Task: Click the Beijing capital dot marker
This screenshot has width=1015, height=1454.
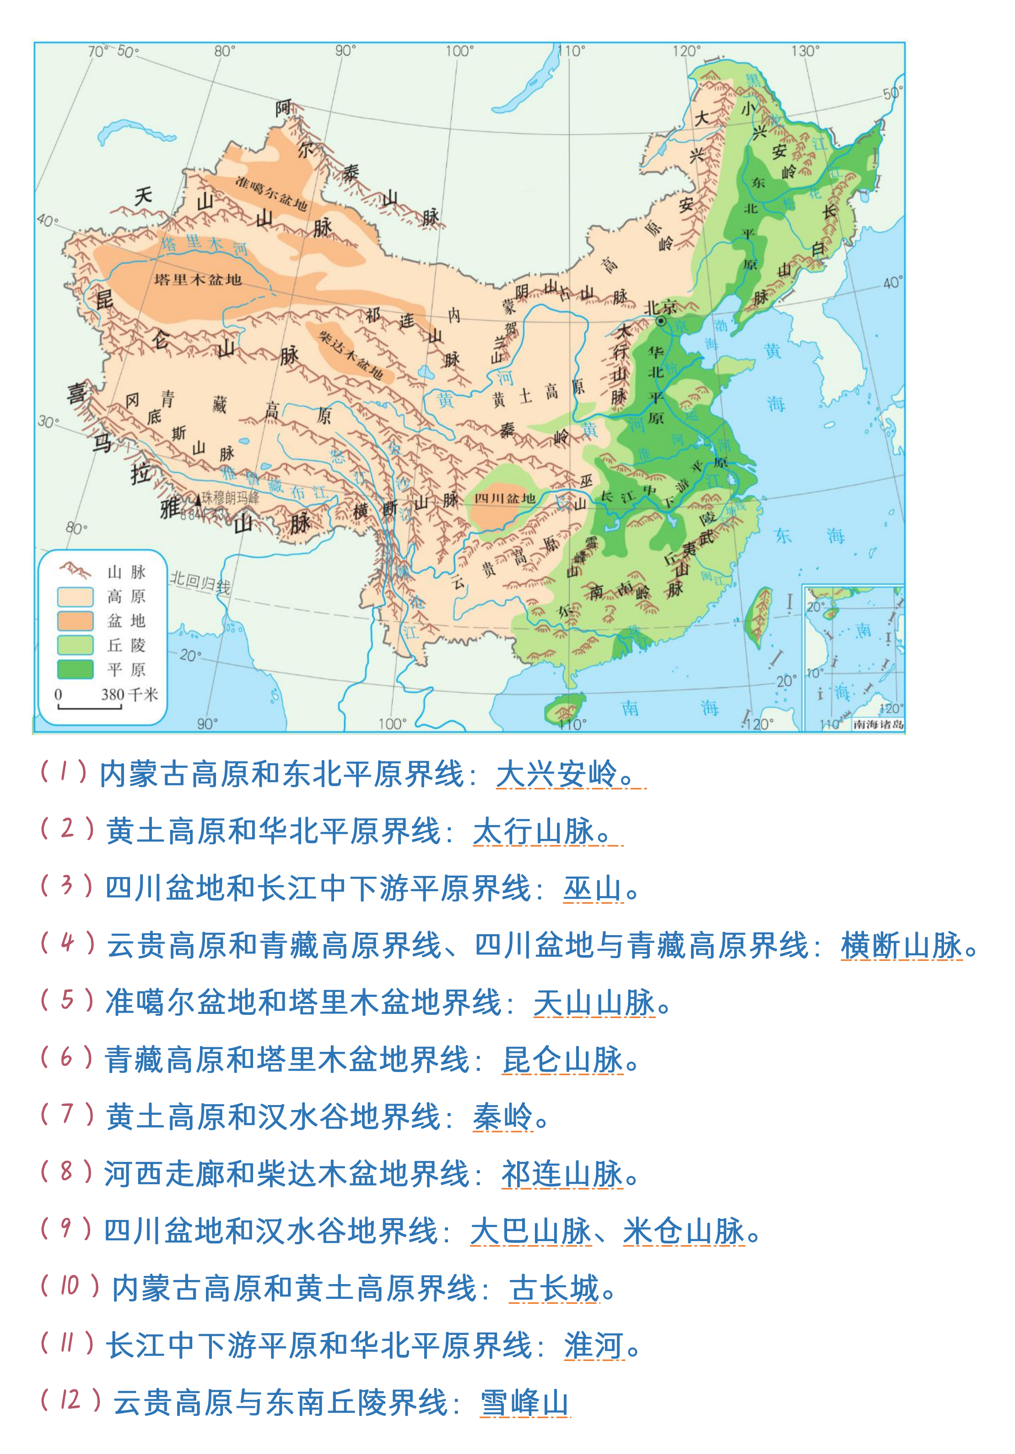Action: tap(661, 321)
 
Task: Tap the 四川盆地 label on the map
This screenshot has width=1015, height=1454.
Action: tap(505, 498)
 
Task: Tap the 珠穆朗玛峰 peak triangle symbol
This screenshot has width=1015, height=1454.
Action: tap(197, 500)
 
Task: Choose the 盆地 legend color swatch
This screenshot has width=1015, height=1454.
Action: tap(75, 621)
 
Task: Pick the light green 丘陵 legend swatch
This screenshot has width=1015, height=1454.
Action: tap(75, 645)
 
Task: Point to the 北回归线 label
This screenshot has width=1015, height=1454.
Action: tap(200, 583)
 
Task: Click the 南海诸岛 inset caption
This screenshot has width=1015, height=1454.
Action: tap(878, 724)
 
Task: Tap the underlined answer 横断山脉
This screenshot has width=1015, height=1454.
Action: tap(901, 946)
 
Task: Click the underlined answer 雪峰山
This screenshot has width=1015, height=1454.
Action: tap(524, 1402)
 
